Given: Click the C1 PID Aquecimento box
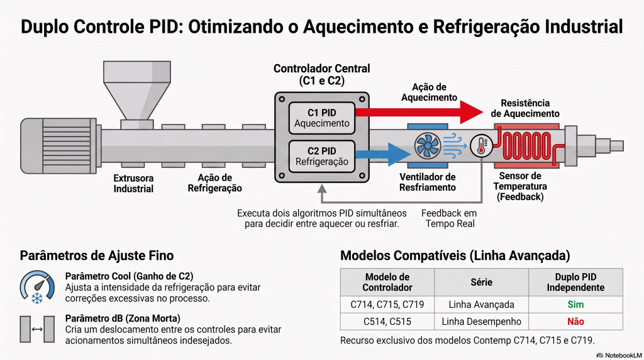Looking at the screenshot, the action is click(322, 118).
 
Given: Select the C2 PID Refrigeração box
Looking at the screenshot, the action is click(322, 156).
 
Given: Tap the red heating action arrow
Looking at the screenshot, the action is click(419, 112).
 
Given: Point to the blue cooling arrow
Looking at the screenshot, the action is click(383, 155).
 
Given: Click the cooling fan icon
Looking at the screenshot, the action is click(428, 146).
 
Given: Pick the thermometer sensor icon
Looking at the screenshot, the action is click(481, 145).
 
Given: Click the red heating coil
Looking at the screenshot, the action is click(527, 145).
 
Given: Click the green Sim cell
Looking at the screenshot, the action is click(575, 305).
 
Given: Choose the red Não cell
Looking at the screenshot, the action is click(575, 322).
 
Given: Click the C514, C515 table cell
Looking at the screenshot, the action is click(387, 322).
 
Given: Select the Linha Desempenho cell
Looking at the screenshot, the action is click(481, 322).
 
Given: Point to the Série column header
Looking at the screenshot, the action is click(481, 283).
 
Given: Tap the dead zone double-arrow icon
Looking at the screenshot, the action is click(37, 329).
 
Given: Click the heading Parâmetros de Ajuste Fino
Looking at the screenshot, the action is click(97, 256).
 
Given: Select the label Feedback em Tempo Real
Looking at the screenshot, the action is click(449, 218).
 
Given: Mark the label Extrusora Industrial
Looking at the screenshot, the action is click(133, 184).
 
